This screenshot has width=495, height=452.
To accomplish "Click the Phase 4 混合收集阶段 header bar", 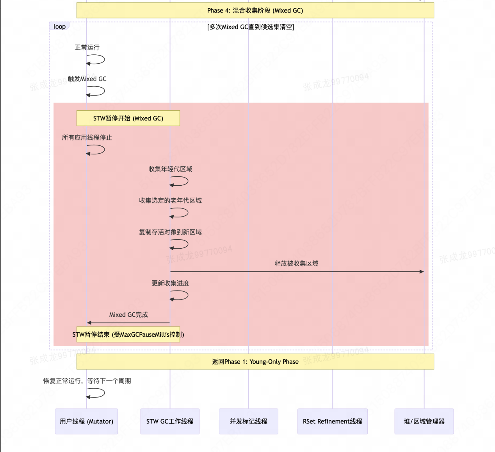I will [255, 11].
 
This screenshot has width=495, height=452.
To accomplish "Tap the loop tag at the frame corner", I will [59, 27].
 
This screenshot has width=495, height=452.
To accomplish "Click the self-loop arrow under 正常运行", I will [96, 60].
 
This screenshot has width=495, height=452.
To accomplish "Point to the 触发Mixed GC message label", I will [87, 79].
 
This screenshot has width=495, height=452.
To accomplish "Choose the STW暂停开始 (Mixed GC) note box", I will [128, 118].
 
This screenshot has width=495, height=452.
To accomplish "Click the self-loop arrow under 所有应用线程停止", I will [96, 150].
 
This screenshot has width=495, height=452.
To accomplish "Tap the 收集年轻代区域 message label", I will [170, 169].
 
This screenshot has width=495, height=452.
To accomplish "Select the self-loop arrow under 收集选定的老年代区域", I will [180, 213].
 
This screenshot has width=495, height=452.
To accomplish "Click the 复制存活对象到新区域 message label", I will [170, 232].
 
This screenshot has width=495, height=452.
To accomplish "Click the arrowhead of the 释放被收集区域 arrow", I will [422, 271].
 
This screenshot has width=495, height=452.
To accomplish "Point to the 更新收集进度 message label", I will [170, 283].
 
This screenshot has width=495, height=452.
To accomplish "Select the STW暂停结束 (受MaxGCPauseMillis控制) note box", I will [128, 335].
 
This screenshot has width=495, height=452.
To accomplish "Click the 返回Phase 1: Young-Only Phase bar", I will [255, 362].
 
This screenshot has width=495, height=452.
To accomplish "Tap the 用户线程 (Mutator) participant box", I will [86, 422].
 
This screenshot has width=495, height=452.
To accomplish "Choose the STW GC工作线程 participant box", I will [170, 422].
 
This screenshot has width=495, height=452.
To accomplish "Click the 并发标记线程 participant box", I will [248, 422].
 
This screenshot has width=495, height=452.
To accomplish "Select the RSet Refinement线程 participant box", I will [333, 422].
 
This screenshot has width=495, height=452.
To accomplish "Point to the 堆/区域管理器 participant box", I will [424, 422].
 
